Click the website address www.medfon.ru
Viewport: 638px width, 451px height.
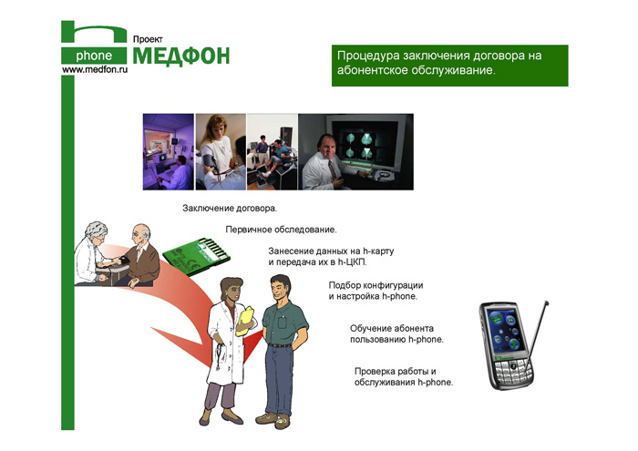point(95,69)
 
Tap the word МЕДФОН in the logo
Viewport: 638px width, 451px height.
point(181,56)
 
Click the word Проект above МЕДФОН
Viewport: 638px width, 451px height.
point(148,39)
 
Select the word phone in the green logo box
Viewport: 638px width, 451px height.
point(94,56)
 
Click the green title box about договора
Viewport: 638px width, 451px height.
point(449,66)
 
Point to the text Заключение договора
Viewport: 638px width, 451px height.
point(230,209)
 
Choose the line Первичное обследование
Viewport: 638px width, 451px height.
point(281,230)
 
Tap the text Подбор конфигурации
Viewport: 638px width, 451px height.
point(376,285)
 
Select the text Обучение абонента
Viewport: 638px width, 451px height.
point(391,328)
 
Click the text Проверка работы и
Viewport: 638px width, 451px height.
point(395,371)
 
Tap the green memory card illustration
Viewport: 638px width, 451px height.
point(196,256)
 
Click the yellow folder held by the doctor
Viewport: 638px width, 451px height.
point(244,322)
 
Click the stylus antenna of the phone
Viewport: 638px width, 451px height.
point(537,335)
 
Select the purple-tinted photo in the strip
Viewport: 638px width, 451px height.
point(169,151)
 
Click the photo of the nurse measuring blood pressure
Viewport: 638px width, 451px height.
point(221,151)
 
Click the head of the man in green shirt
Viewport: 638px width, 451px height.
point(281,287)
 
